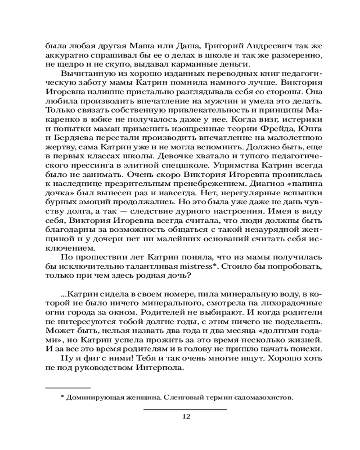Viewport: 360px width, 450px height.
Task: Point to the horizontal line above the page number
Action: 185,409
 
